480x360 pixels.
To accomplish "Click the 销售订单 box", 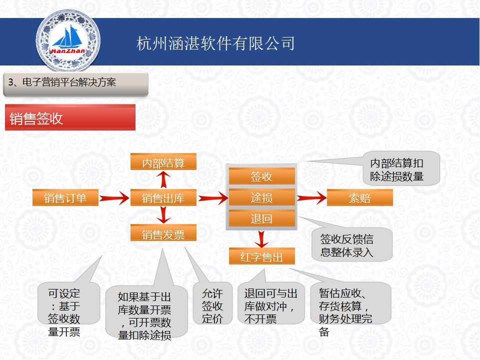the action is [x=65, y=198].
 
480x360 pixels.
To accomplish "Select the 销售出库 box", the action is [x=163, y=198].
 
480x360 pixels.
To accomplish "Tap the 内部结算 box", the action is [x=163, y=161].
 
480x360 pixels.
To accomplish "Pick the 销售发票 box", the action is [x=163, y=233].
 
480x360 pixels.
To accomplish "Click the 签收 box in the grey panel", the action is [x=262, y=176].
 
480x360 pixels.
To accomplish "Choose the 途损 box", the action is [x=262, y=197].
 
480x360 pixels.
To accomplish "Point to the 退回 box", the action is [x=262, y=218].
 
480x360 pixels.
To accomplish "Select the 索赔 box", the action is [x=360, y=198].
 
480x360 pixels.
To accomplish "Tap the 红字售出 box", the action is [x=262, y=256].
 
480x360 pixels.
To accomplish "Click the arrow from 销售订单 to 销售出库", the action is [x=114, y=198].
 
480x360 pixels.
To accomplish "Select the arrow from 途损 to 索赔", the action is [x=311, y=198].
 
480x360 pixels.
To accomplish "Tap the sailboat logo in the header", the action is [x=68, y=40].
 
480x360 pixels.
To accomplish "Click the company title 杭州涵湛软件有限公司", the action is [x=215, y=43].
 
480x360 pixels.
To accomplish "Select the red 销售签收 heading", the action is [x=70, y=117].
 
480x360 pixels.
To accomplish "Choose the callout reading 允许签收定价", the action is [x=213, y=303].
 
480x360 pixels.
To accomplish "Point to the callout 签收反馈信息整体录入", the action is [x=351, y=244].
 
